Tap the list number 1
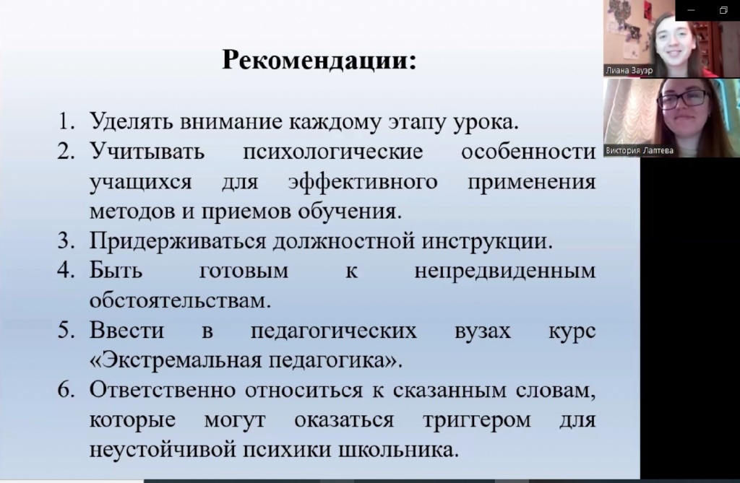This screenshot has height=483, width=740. click(x=66, y=122)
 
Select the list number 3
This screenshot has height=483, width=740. click(x=66, y=241)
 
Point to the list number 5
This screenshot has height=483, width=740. click(x=66, y=330)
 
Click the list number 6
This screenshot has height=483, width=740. click(x=66, y=390)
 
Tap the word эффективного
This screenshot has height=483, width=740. click(x=363, y=183)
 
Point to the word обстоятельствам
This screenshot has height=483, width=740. click(x=180, y=300)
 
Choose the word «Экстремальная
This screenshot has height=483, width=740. click(x=176, y=361)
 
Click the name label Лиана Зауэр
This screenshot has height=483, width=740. click(x=629, y=71)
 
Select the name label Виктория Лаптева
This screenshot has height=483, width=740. click(x=639, y=151)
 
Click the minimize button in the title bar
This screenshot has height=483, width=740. click(x=691, y=10)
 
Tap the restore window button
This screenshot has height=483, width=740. click(x=723, y=10)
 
